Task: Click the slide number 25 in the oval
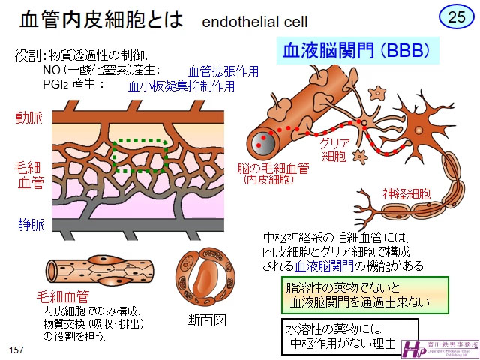(x=456, y=17)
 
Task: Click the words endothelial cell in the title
(x=255, y=20)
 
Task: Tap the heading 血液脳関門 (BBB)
(x=355, y=51)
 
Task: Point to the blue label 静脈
(x=29, y=224)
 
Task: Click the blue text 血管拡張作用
(x=223, y=71)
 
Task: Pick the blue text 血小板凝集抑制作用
(x=182, y=86)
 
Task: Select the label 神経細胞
(x=406, y=193)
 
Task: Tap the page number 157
(x=16, y=350)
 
